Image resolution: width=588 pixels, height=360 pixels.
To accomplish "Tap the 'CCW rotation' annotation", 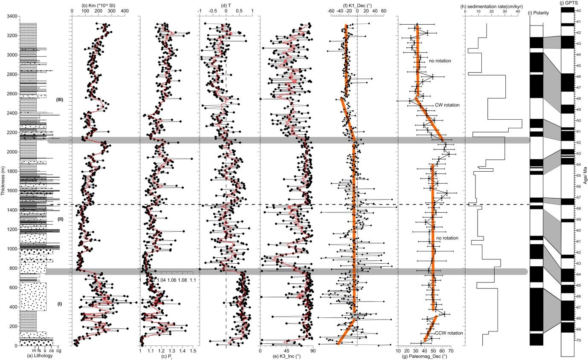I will [x=449, y=333].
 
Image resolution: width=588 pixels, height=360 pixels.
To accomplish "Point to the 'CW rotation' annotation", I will [x=447, y=105].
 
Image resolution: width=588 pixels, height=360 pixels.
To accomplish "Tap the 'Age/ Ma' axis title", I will [x=585, y=181].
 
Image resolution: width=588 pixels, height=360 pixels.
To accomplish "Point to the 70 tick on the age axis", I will [x=578, y=340].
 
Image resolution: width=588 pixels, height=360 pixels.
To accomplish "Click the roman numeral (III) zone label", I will [x=60, y=100].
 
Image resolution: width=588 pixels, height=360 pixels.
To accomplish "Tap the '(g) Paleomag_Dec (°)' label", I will [x=424, y=356].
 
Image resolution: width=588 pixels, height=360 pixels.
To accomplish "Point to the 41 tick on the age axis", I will [x=578, y=22].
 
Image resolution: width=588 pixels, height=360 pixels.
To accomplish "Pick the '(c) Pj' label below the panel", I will [x=166, y=356].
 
